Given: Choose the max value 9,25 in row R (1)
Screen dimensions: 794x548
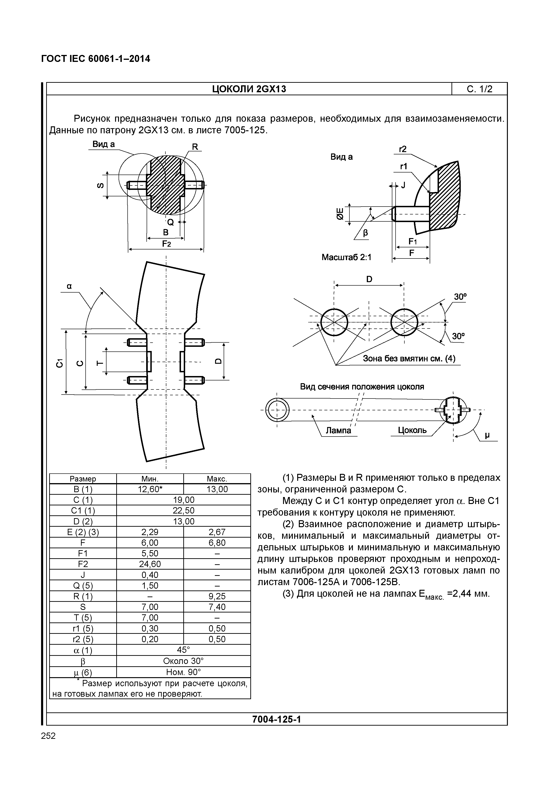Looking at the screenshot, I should [x=217, y=596].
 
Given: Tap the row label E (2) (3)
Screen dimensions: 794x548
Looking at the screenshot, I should [x=83, y=532].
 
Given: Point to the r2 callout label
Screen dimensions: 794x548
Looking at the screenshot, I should [x=403, y=149].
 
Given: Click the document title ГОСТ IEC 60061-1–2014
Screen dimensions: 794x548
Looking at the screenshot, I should [x=95, y=59].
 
